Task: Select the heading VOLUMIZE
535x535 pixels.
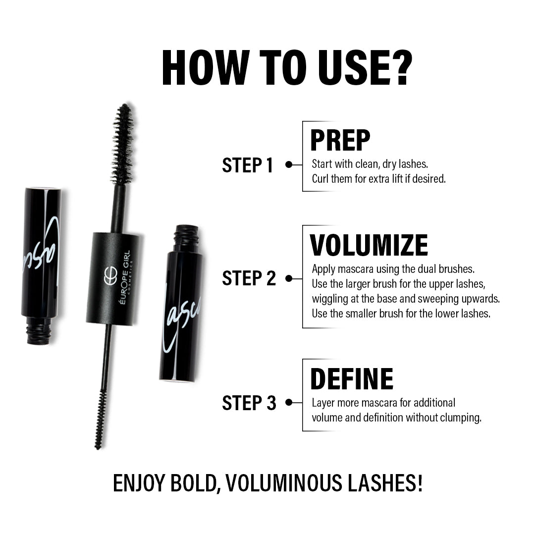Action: click(x=369, y=245)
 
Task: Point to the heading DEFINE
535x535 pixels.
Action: click(x=351, y=379)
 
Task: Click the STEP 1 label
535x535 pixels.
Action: click(x=247, y=165)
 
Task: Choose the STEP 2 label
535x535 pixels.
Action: click(x=249, y=278)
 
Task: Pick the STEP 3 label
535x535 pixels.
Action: click(x=249, y=403)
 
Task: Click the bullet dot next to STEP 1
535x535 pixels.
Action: click(x=288, y=165)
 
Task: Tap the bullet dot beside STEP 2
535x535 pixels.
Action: click(x=288, y=278)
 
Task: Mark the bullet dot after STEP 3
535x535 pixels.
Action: click(x=288, y=403)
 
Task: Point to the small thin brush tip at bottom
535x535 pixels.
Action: click(x=101, y=419)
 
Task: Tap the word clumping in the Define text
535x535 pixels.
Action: click(x=462, y=418)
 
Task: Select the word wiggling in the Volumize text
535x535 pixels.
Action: click(x=330, y=299)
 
